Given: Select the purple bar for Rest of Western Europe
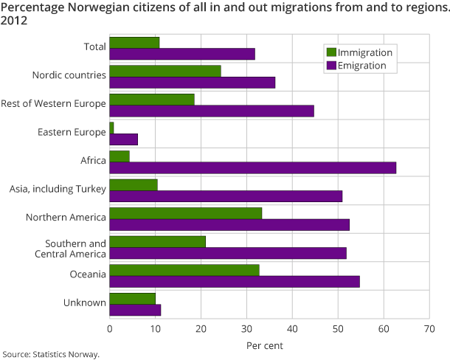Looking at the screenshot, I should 212,111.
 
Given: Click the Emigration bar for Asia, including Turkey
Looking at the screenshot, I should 226,196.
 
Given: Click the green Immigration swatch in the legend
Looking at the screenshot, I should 330,52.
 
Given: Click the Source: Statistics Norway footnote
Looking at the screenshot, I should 51,354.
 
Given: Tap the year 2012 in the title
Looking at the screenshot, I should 15,20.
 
